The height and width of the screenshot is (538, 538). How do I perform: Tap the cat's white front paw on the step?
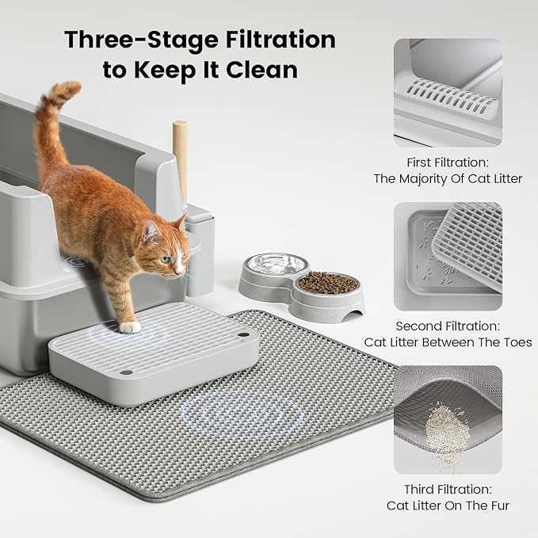point(129,326)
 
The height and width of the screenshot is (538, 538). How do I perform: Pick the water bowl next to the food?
point(277,266)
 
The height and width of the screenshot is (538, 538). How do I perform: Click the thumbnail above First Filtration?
point(448,92)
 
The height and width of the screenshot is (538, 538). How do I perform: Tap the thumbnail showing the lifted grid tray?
point(448,256)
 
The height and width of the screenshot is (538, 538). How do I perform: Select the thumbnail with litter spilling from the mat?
point(448,418)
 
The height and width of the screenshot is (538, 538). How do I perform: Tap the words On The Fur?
point(475,506)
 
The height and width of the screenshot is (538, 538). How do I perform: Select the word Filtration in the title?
point(269,40)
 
